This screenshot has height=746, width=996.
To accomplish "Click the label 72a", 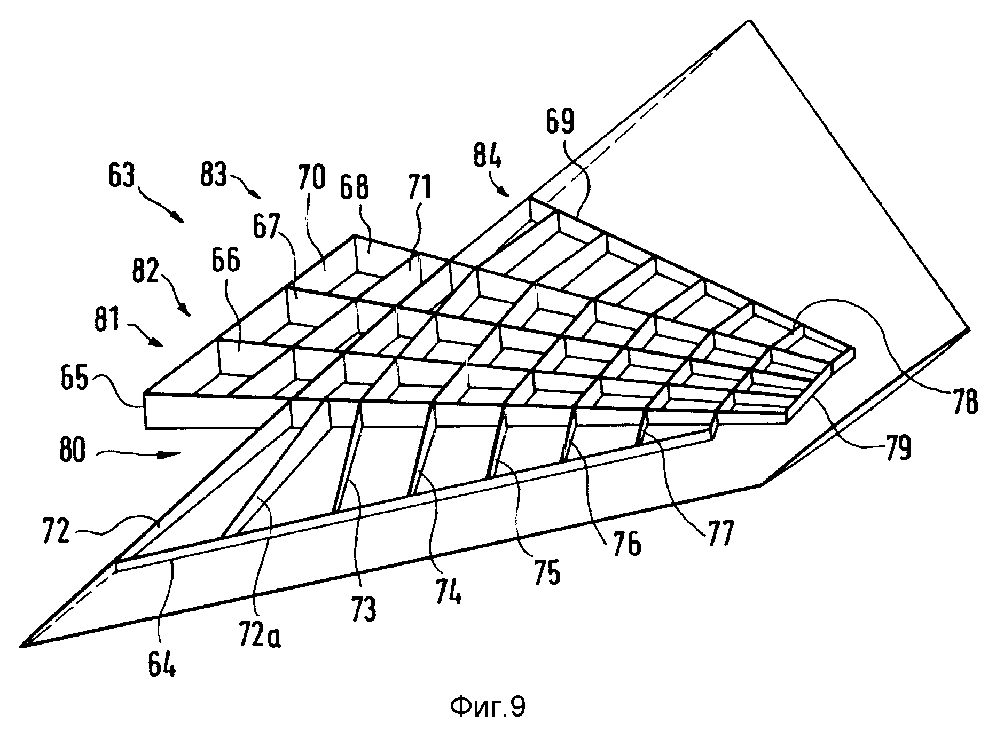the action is pyautogui.click(x=260, y=632).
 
